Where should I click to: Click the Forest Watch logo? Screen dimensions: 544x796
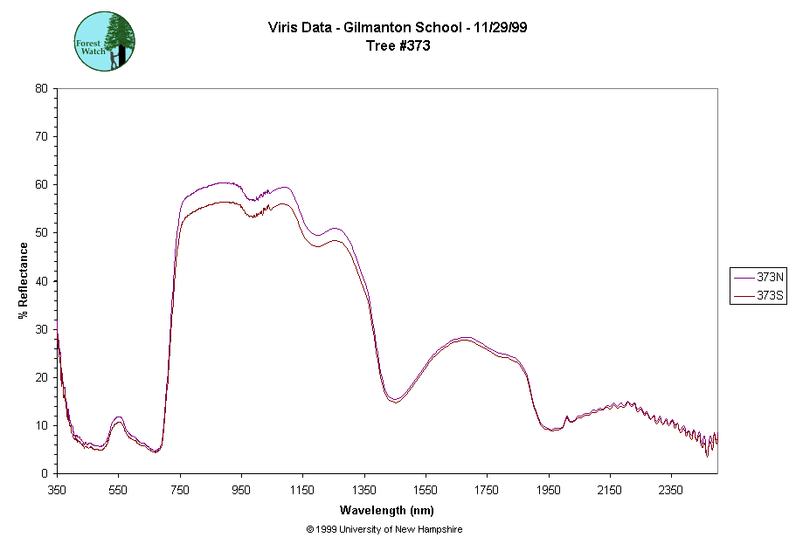104,42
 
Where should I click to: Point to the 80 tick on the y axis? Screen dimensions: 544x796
41,88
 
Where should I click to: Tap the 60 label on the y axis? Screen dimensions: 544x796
41,184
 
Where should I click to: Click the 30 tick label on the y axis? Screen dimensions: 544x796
41,329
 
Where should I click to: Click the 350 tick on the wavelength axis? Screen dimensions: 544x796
57,491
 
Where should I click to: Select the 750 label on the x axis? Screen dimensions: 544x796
180,491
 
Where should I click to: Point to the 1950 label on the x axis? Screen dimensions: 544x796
549,491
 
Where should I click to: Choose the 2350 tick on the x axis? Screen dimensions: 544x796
671,491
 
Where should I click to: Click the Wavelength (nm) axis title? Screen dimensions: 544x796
387,511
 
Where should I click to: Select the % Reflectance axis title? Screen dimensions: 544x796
24,280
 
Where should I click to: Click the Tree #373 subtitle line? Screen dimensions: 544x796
398,45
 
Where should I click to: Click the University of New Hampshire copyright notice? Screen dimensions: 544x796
384,530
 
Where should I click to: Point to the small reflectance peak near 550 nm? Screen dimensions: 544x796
119,419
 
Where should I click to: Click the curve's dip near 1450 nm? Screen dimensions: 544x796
395,401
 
